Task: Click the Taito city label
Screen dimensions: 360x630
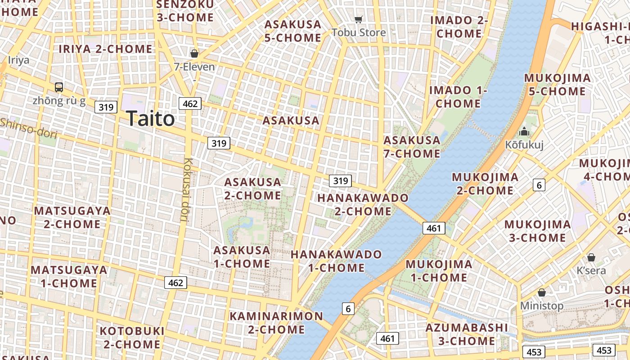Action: coord(150,119)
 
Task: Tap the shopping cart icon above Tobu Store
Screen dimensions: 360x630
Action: coord(359,19)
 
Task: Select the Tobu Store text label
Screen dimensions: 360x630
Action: coord(359,32)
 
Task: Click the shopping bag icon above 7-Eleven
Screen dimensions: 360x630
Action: coord(194,54)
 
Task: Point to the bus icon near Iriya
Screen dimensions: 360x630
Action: coord(59,87)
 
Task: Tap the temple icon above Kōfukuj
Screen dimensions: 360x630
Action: coord(524,132)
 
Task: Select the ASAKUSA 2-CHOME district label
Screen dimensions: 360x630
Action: coord(252,189)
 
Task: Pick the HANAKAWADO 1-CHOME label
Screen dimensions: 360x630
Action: coord(336,261)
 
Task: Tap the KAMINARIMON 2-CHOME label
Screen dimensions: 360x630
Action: coord(276,323)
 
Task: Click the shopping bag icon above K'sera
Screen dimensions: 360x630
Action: coord(591,257)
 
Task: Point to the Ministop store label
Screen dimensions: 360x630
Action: coord(542,306)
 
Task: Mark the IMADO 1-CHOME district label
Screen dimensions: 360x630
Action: coord(458,97)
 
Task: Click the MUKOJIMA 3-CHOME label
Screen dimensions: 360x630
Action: coord(537,231)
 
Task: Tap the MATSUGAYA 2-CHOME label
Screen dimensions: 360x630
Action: coord(72,217)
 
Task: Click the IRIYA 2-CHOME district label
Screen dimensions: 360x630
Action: coord(106,49)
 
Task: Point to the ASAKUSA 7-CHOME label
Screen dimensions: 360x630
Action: coord(412,147)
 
